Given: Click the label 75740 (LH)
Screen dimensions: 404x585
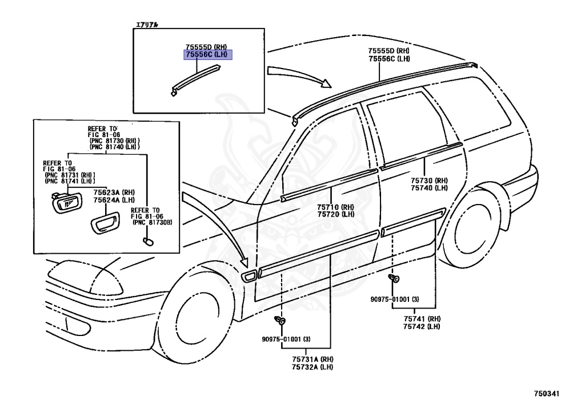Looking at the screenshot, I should pyautogui.click(x=429, y=187).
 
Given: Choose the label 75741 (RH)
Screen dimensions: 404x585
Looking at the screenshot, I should pyautogui.click(x=419, y=318).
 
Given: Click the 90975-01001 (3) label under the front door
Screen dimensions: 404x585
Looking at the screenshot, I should pyautogui.click(x=283, y=339).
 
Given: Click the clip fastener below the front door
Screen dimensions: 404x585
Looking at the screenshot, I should pyautogui.click(x=280, y=319).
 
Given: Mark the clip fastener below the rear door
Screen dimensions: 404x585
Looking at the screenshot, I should pyautogui.click(x=394, y=279).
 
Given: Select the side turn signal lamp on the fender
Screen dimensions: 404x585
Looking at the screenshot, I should pyautogui.click(x=250, y=277).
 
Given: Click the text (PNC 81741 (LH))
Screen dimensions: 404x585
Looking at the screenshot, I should pyautogui.click(x=70, y=181).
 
